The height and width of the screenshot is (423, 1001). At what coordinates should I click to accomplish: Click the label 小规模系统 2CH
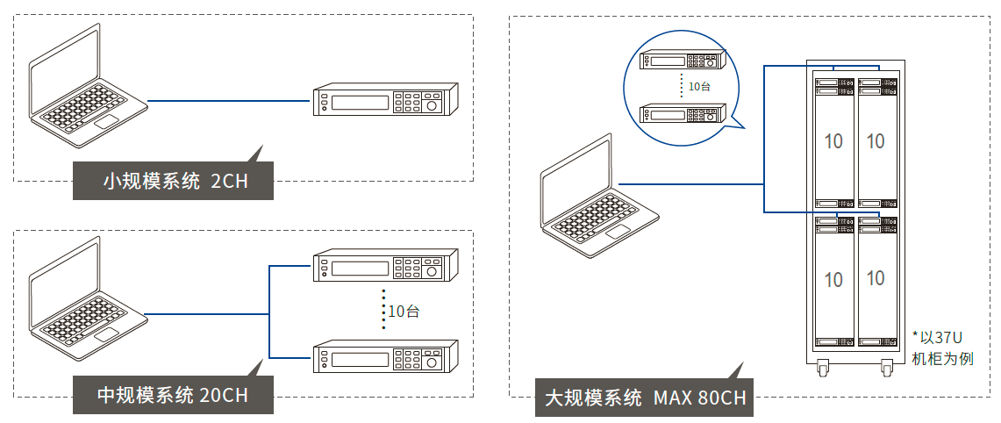tap(173, 182)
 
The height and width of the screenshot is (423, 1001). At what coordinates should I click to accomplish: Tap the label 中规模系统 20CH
tap(173, 395)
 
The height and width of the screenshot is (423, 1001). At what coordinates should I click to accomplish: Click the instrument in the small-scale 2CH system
tap(386, 100)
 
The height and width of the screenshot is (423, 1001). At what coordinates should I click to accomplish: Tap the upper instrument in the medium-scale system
tap(386, 266)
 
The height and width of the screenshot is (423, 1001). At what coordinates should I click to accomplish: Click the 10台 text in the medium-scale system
tap(404, 311)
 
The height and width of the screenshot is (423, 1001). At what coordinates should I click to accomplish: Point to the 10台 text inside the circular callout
tap(699, 86)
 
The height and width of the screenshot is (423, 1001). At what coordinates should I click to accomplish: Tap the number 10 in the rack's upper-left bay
tap(833, 140)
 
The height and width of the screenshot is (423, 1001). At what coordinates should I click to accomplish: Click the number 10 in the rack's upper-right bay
tap(876, 140)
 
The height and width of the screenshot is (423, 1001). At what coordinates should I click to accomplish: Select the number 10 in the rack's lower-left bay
tap(833, 280)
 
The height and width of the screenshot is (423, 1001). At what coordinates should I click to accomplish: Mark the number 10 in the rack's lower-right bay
tap(876, 278)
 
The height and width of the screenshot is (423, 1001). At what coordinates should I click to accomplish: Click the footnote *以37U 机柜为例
tap(942, 348)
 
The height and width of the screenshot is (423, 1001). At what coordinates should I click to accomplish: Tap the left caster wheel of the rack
tap(823, 369)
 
